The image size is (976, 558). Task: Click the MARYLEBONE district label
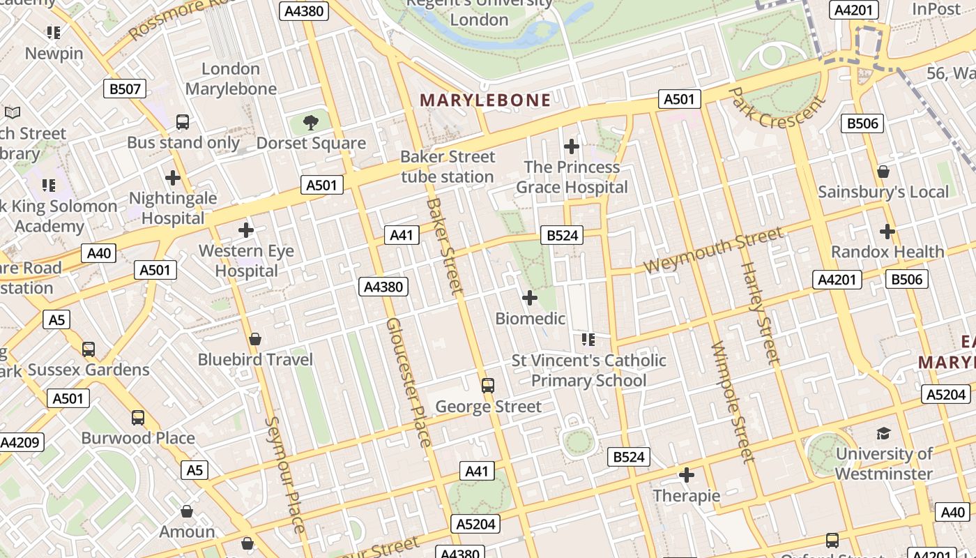[x=485, y=100]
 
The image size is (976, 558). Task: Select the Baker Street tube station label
[x=448, y=167]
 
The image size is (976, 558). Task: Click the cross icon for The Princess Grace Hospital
[x=572, y=146]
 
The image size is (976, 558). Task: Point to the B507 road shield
[x=125, y=89]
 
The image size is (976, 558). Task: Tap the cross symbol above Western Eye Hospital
[x=246, y=229]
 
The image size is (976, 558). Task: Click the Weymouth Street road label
[x=712, y=250]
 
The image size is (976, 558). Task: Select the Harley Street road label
[x=758, y=312]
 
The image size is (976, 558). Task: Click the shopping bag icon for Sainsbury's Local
[x=883, y=172]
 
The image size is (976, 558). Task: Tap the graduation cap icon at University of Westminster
[x=883, y=433]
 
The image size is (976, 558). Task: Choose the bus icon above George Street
[x=488, y=385]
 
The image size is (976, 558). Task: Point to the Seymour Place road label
[x=285, y=474]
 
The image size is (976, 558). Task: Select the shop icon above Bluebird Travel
[x=255, y=339]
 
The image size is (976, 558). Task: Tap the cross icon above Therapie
[x=687, y=475]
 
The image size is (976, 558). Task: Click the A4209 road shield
[x=21, y=442]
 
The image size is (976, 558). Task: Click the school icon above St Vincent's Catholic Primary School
[x=588, y=340]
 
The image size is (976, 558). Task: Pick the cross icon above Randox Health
[x=887, y=231]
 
